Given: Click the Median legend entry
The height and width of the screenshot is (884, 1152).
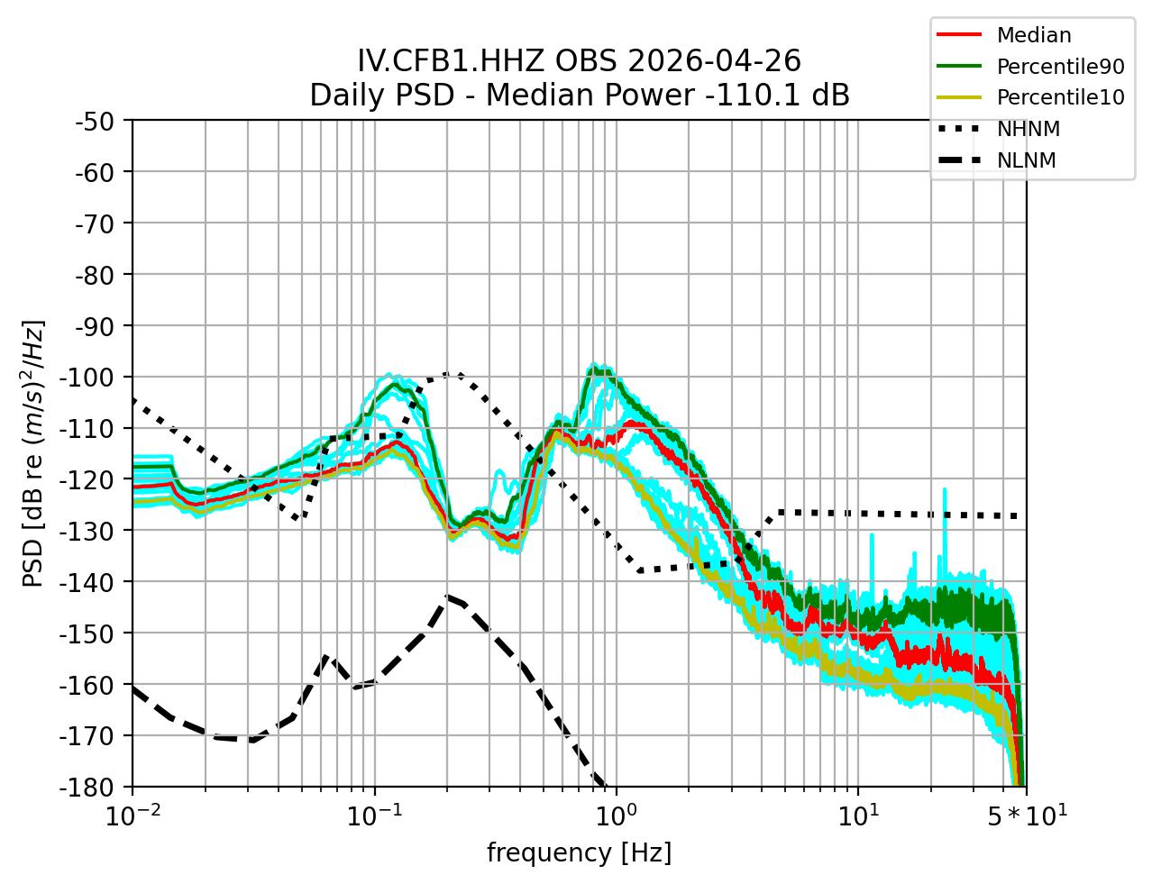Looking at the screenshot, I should (1033, 36).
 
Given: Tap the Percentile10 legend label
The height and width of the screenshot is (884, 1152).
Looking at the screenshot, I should (1060, 97).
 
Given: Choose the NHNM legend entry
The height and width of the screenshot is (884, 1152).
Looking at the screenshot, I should (1028, 129).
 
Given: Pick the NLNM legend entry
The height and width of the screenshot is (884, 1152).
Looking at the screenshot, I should (1026, 160).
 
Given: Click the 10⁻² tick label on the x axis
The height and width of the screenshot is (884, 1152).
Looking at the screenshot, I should (133, 816).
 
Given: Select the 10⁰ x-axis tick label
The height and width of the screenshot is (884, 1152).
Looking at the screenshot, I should (616, 816).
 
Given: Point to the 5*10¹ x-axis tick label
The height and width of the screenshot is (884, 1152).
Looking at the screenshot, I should (1026, 816).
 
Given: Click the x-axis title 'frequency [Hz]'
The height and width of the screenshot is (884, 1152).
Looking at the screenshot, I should (579, 852).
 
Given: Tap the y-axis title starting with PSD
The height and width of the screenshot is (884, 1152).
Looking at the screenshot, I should (33, 452).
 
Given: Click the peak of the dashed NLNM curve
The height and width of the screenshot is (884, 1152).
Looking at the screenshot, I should (448, 597).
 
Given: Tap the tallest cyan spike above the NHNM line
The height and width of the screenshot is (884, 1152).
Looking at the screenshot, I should (945, 490).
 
